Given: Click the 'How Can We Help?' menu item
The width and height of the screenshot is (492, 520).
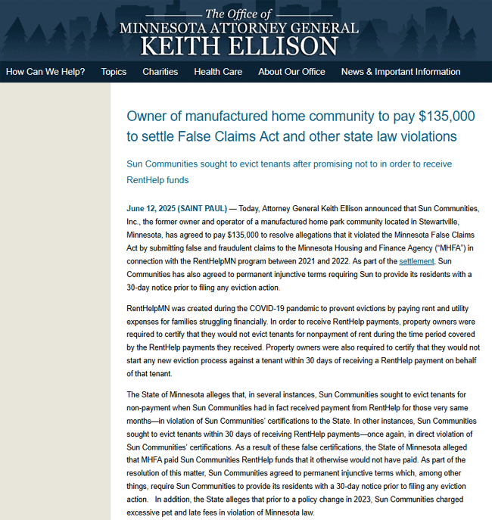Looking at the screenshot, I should coord(45,72).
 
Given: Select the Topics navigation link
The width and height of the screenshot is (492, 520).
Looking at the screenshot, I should coord(114,72).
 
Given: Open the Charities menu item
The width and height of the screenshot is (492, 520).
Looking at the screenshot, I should coord(160,72).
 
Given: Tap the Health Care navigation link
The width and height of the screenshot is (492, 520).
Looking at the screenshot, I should coord(218,72).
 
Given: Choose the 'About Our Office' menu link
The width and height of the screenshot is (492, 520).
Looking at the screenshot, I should coord(291,72).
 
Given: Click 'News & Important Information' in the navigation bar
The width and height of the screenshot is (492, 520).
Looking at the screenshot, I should coord(400,72).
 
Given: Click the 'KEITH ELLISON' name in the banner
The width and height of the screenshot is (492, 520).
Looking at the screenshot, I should coord(239,45).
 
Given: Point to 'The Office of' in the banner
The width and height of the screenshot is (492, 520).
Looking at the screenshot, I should coord(238,14).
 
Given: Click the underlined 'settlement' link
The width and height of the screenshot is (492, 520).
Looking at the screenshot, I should coord(416,261).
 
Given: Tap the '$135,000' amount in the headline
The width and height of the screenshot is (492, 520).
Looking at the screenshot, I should coord(441,117).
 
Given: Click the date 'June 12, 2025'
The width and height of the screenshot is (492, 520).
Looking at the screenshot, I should coord(151,207).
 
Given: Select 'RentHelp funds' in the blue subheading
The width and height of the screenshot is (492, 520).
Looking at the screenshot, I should coord(157,180).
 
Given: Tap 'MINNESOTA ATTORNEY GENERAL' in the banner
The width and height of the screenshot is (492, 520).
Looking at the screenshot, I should coord(239,28).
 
